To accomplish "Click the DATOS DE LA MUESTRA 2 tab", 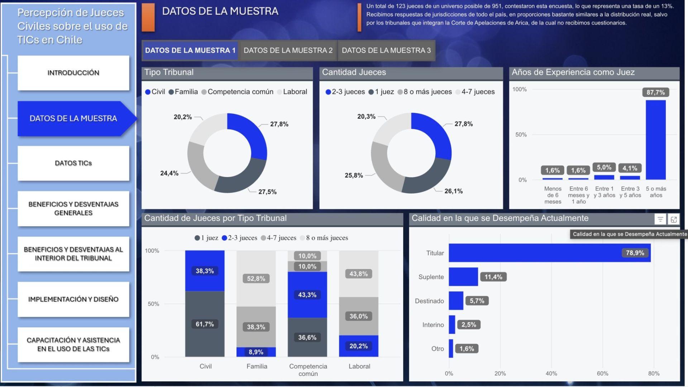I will pyautogui.click(x=288, y=51).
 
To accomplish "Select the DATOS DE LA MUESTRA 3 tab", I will pyautogui.click(x=386, y=51).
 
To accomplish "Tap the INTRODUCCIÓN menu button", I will pyautogui.click(x=73, y=73).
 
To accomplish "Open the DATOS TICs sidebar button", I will pyautogui.click(x=73, y=163).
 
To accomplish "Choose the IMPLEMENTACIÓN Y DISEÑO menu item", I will pyautogui.click(x=73, y=299).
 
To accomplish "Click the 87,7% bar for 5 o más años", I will pyautogui.click(x=655, y=140).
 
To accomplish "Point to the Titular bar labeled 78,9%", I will pyautogui.click(x=549, y=253).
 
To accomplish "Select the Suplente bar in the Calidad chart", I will pyautogui.click(x=463, y=277).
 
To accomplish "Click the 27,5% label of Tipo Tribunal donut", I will pyautogui.click(x=267, y=192).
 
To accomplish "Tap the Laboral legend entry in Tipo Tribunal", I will pyautogui.click(x=295, y=92).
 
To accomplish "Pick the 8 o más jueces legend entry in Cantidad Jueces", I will pyautogui.click(x=427, y=92).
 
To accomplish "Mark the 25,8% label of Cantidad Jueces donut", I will pyautogui.click(x=354, y=176).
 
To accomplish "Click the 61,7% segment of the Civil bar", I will pyautogui.click(x=205, y=324).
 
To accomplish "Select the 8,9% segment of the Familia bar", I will pyautogui.click(x=256, y=352).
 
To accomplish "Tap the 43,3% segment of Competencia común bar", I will pyautogui.click(x=307, y=295).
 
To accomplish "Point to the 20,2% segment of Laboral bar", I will pyautogui.click(x=358, y=346).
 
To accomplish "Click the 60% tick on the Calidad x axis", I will pyautogui.click(x=602, y=373).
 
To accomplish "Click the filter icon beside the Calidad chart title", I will pyautogui.click(x=660, y=219).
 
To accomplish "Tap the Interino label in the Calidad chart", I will pyautogui.click(x=433, y=325).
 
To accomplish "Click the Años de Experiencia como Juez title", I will pyautogui.click(x=573, y=72).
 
